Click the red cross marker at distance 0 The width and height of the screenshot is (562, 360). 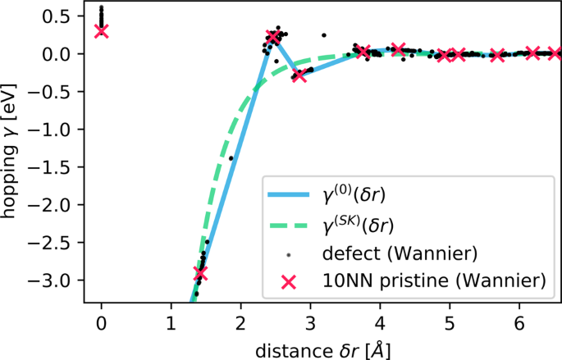click(x=101, y=30)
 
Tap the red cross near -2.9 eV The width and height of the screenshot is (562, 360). click(x=200, y=272)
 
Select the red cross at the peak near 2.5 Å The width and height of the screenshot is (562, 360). click(x=273, y=38)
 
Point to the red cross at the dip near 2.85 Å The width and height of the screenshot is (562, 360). click(x=299, y=75)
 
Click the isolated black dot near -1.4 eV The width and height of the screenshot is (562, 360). click(x=231, y=158)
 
